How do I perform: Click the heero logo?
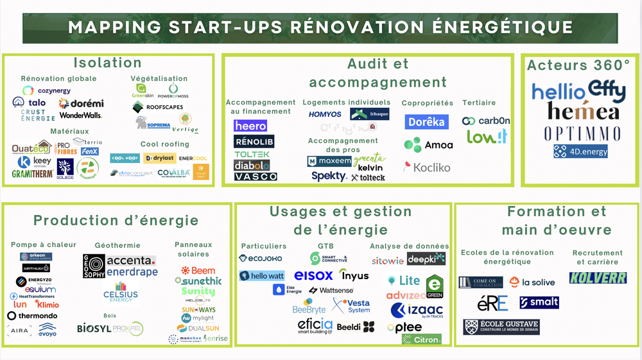(x=250, y=126)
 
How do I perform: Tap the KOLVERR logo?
(x=598, y=279)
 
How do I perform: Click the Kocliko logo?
(x=427, y=167)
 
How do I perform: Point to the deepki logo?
(x=426, y=259)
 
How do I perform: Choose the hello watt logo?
(x=261, y=276)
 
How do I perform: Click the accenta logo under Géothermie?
(x=131, y=261)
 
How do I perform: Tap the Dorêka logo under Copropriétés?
(x=426, y=121)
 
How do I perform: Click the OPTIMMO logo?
(x=582, y=133)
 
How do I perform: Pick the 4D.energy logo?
(x=580, y=152)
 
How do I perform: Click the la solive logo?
(x=532, y=282)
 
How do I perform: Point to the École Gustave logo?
(x=501, y=327)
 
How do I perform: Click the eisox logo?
(x=313, y=275)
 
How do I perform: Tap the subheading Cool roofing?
(x=165, y=144)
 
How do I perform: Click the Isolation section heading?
(x=107, y=63)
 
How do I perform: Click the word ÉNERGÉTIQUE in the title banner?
(x=494, y=27)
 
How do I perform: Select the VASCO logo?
(x=256, y=176)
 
